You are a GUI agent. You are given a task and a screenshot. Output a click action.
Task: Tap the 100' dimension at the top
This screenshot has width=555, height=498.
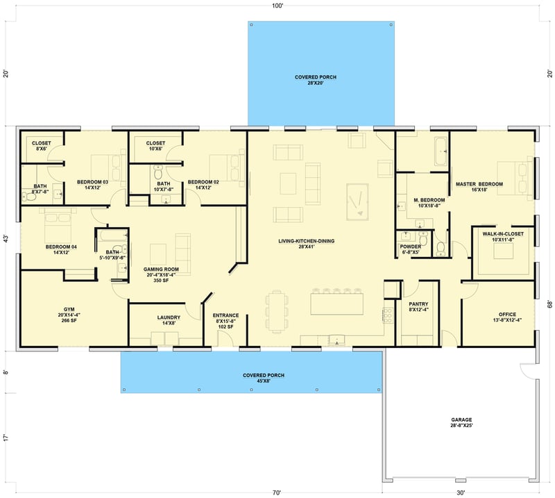(x=277, y=6)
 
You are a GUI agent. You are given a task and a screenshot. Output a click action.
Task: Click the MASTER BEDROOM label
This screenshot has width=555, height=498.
(x=479, y=184)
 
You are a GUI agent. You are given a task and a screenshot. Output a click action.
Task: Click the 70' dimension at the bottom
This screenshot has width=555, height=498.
(x=277, y=492)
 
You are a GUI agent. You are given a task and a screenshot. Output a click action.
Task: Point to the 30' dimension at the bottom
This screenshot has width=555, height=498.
(x=461, y=492)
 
